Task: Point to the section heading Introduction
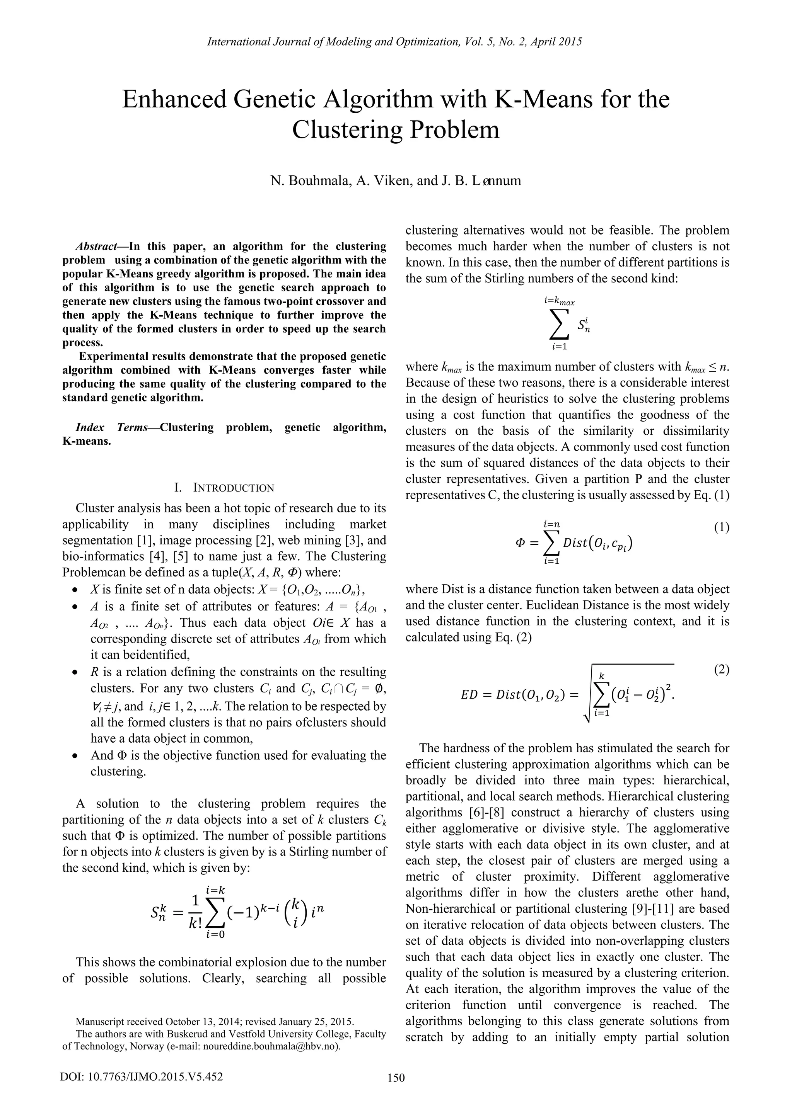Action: point(234,488)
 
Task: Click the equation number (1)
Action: point(721,527)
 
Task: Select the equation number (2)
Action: point(721,670)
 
